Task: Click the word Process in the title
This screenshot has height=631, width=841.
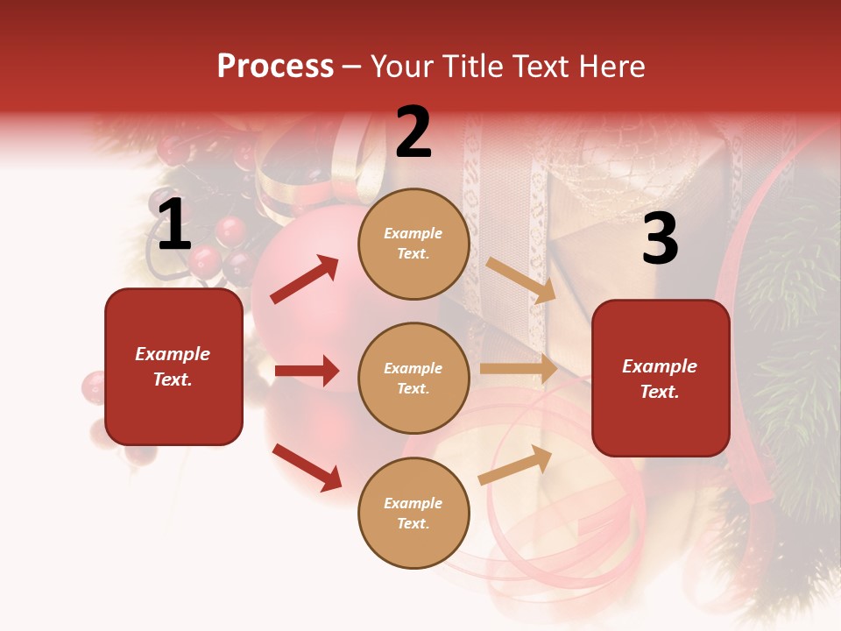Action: tap(275, 67)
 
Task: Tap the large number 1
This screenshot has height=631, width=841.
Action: tap(174, 226)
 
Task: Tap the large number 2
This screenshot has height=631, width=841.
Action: tap(413, 133)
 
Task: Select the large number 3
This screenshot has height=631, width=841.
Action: tap(660, 239)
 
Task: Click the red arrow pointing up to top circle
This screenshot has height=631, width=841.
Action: tap(305, 280)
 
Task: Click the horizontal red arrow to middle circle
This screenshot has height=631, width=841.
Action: tap(307, 371)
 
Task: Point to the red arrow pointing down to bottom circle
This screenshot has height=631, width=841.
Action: tap(307, 467)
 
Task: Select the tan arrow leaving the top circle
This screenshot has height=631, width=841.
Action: tap(521, 280)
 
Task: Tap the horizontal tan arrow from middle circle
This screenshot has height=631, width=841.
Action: tap(518, 369)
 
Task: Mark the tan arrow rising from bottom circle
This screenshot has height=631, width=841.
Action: tap(515, 464)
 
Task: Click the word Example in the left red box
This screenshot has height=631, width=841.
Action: tap(173, 354)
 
